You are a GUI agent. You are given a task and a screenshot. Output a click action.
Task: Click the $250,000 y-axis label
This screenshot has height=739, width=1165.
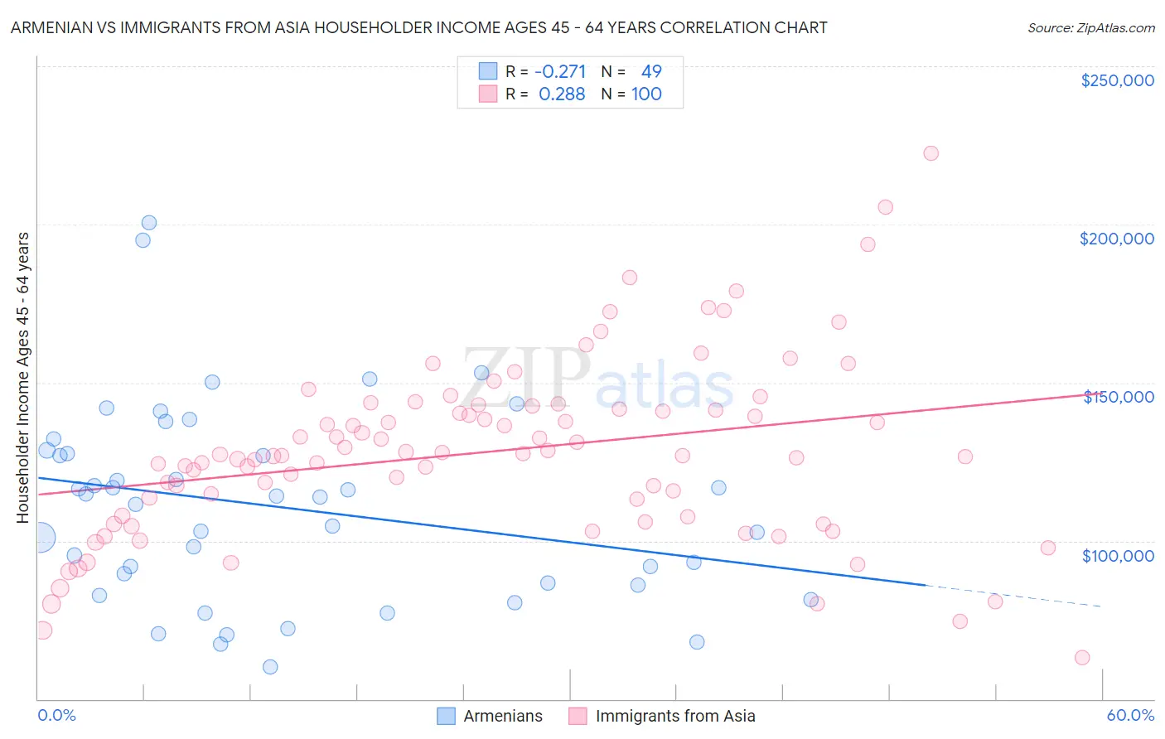pos(1117,80)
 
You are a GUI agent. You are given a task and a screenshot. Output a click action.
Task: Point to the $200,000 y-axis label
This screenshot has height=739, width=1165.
pos(1116,239)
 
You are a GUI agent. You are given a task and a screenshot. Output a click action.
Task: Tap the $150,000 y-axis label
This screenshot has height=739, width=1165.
pos(1119,397)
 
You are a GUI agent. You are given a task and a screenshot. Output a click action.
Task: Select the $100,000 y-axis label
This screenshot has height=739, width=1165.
pos(1118,555)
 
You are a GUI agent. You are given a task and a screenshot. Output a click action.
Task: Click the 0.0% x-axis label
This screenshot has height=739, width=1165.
pos(57,715)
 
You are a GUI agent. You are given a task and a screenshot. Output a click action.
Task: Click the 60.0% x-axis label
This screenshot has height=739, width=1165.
pos(1130,715)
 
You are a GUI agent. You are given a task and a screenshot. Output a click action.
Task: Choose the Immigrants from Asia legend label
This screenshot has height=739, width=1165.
pos(674,716)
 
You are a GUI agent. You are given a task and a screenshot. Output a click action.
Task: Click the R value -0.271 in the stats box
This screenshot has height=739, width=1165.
pos(560,72)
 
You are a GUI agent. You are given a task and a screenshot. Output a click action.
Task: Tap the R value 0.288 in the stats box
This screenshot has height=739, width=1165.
pos(562,94)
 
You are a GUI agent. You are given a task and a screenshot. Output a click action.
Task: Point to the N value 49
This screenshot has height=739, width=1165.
pos(651,72)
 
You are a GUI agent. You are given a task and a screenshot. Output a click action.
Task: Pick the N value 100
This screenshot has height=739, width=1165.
pos(646,94)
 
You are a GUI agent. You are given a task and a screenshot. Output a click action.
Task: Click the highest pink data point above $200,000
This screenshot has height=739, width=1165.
pos(931,153)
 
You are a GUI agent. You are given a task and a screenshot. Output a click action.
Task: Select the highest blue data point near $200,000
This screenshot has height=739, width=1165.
pos(149,223)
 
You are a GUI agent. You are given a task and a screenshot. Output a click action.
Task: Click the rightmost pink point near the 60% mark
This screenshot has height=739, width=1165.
pos(1081,658)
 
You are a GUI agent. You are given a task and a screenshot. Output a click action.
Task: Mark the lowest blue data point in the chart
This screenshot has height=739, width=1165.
pos(270,667)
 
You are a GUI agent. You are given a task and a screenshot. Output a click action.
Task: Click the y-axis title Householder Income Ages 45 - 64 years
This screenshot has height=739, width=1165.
pos(22,378)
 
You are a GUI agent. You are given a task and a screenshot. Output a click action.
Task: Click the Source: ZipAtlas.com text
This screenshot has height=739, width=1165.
pos(1090,28)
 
